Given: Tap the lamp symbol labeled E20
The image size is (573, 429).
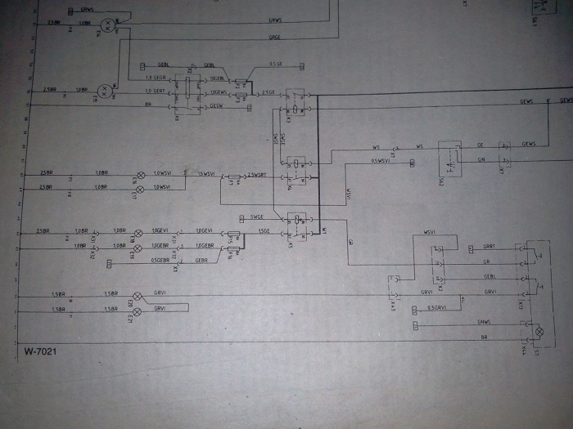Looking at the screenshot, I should click(138, 296).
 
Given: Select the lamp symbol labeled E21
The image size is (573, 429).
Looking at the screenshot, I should click(138, 311).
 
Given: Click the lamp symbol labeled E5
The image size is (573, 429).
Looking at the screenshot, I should click(104, 90).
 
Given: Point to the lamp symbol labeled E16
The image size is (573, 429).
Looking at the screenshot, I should click(139, 176).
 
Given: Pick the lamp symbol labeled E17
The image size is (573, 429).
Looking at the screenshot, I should click(139, 190).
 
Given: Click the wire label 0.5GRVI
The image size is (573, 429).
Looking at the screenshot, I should click(439, 309).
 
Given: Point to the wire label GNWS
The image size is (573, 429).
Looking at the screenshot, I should click(484, 324).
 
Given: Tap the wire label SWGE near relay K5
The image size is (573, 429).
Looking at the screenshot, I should click(257, 217).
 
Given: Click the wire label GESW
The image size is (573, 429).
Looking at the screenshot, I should click(217, 105).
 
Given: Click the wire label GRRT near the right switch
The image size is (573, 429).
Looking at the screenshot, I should click(489, 246).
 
